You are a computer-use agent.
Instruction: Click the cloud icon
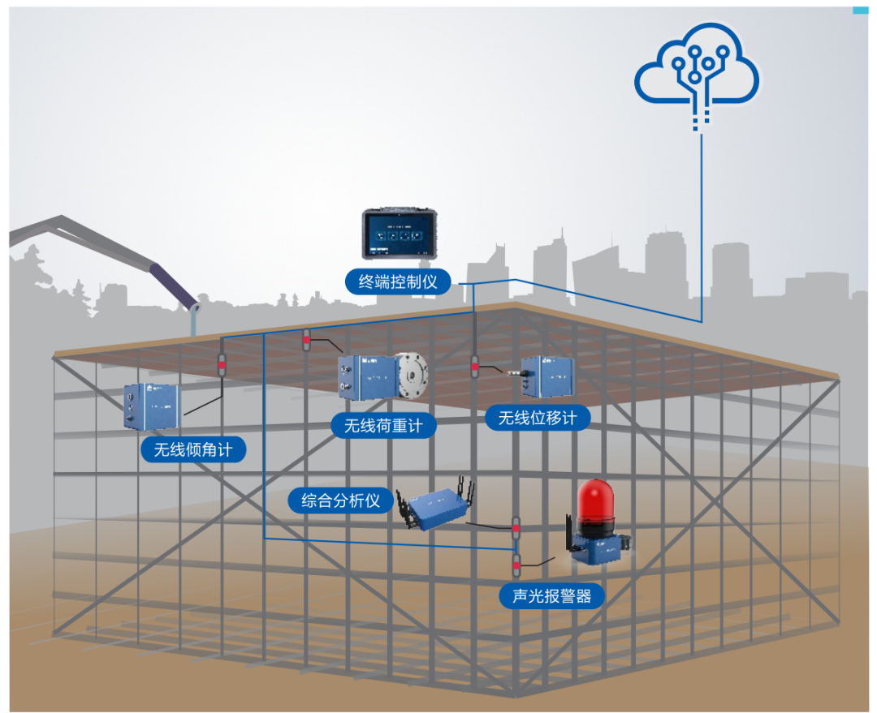pyautogui.click(x=697, y=70)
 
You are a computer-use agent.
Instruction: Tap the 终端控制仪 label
pyautogui.click(x=398, y=281)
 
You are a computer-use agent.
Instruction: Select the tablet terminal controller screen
pyautogui.click(x=396, y=234)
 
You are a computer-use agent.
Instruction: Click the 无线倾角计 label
pyautogui.click(x=193, y=449)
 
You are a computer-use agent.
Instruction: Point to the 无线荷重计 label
pyautogui.click(x=383, y=425)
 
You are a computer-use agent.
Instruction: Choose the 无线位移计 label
pyautogui.click(x=538, y=418)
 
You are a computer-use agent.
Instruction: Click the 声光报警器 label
pyautogui.click(x=552, y=596)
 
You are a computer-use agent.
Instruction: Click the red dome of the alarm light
pyautogui.click(x=598, y=505)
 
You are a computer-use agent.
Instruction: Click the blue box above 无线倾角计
pyautogui.click(x=151, y=405)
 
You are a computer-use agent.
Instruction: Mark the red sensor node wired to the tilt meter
pyautogui.click(x=222, y=366)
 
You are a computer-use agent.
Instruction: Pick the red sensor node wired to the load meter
pyautogui.click(x=307, y=341)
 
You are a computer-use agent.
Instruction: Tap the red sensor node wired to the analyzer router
pyautogui.click(x=516, y=529)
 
